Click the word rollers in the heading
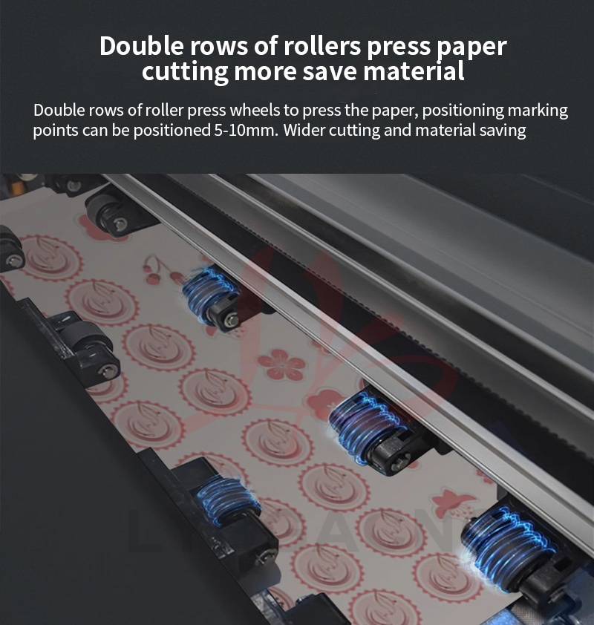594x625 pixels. [319, 46]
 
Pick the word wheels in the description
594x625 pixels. [256, 111]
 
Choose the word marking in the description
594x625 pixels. [538, 111]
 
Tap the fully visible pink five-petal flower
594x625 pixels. [281, 364]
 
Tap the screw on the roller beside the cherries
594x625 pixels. [232, 319]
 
